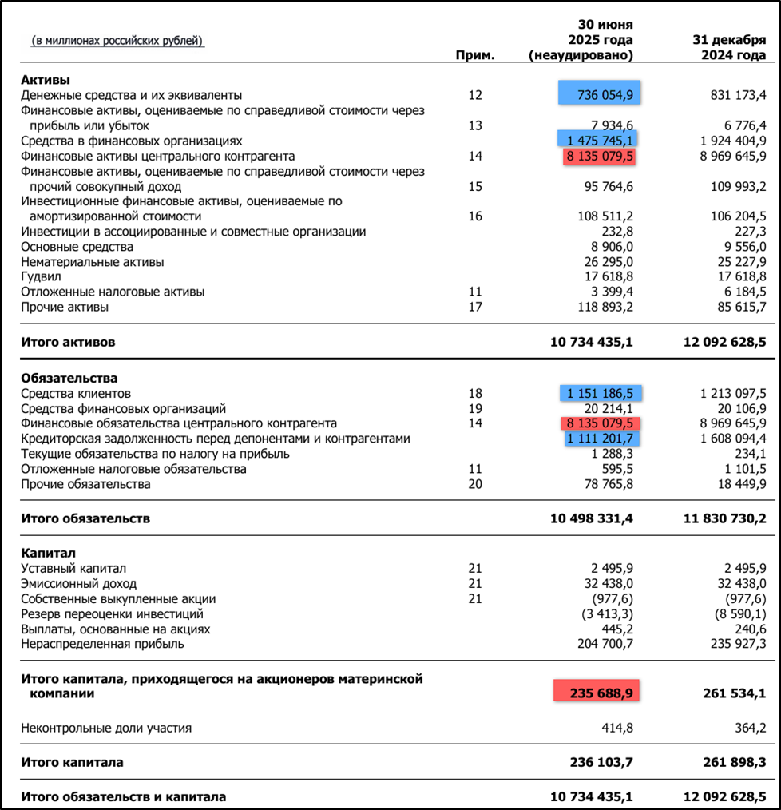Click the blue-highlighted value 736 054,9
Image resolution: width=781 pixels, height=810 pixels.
point(600,95)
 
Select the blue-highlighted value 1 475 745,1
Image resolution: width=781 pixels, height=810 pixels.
point(600,141)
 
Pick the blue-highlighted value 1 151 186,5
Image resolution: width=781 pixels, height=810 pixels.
point(600,394)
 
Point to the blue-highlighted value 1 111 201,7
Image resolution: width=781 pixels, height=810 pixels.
point(600,439)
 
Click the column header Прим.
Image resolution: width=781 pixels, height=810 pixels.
point(475,55)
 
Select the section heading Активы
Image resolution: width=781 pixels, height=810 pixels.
point(46,80)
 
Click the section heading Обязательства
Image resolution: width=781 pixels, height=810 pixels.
point(69,378)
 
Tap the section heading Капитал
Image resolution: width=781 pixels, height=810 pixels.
point(50,553)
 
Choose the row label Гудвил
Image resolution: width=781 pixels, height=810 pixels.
point(42,276)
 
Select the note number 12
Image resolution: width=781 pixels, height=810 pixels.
point(475,95)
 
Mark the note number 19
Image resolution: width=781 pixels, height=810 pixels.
point(475,408)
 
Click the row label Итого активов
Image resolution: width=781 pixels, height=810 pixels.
point(68,342)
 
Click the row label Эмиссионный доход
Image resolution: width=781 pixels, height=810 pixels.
point(78,584)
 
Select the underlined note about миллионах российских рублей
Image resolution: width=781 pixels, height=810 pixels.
point(117,40)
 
